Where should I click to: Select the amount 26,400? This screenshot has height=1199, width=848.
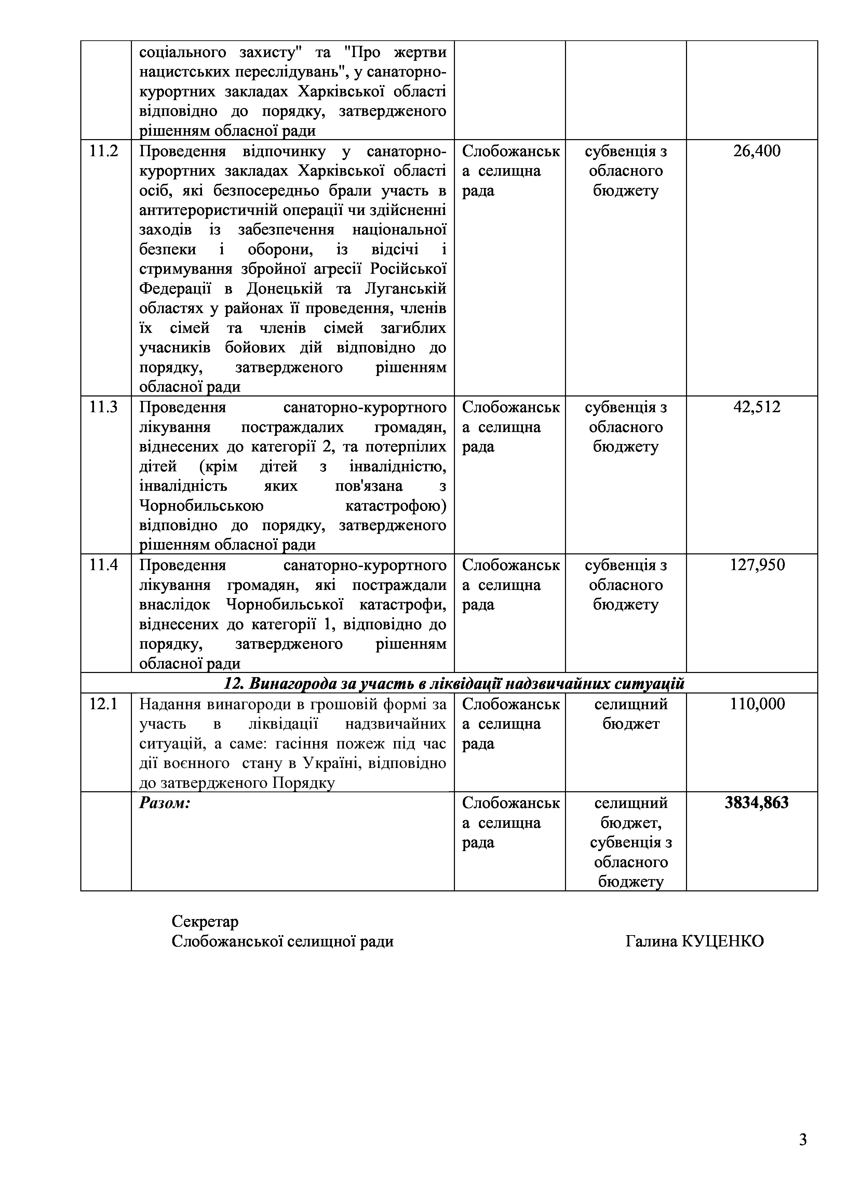[757, 151]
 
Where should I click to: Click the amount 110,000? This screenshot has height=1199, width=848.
[757, 704]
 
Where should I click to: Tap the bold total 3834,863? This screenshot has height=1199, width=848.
[757, 803]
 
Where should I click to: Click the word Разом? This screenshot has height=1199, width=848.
[164, 803]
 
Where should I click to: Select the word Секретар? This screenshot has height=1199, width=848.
[205, 922]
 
